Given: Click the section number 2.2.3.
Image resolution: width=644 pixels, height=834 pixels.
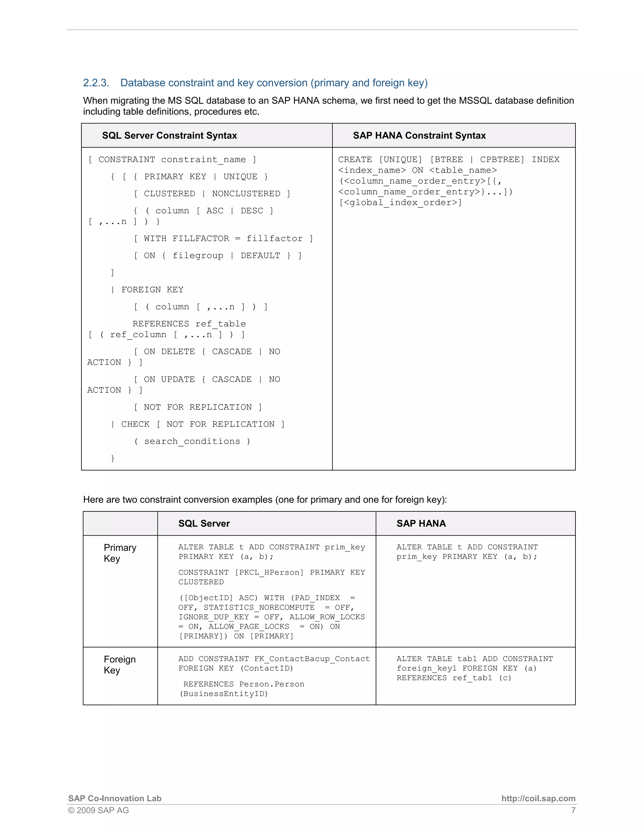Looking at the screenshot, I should pos(96,83).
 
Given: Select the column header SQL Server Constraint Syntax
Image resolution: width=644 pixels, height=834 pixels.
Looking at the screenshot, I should pos(169,136).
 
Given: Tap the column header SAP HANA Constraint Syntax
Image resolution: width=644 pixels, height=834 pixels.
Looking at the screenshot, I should pos(419,136).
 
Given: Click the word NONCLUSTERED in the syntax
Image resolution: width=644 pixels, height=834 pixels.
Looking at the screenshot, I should pos(246,194).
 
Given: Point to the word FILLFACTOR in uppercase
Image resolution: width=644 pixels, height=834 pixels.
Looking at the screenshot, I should pos(201,239).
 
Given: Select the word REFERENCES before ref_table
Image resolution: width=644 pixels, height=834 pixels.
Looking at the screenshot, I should pos(161,324).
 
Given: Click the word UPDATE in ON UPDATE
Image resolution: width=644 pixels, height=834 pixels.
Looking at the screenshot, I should pos(178,380).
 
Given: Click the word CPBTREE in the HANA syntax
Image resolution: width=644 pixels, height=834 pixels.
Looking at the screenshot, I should pos(502,160).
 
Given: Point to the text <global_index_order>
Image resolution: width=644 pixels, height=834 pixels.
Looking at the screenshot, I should pos(400,203).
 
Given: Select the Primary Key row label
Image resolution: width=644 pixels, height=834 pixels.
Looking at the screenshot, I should pos(120,553).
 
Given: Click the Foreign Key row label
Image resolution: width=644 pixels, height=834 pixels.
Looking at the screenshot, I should pos(119,665).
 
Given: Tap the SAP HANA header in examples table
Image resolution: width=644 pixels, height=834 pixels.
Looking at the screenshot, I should pos(421,524).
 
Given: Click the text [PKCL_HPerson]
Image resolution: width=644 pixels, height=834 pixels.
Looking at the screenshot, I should pos(269,572).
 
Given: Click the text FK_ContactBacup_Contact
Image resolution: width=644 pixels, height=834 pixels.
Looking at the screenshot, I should pos(312,659).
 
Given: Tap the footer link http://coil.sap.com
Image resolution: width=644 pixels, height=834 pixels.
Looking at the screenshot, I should pos(538,798).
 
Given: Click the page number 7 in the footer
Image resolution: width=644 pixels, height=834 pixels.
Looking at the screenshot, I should pos(573,810).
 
